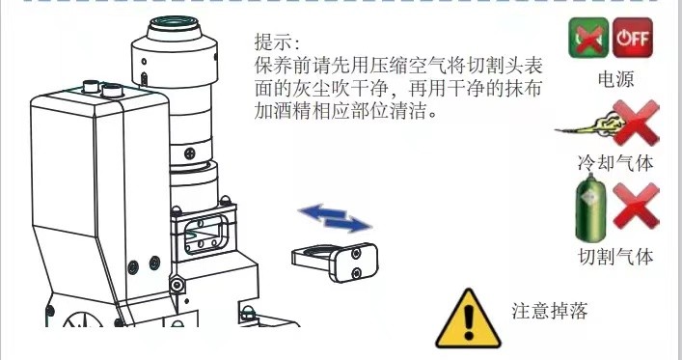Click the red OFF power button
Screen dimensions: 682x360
click(x=633, y=38)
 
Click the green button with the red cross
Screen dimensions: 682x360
click(x=588, y=38)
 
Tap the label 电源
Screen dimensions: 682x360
click(x=615, y=80)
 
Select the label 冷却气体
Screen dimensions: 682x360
click(x=615, y=163)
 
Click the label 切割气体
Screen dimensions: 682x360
click(x=615, y=257)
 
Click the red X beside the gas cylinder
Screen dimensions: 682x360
click(x=636, y=206)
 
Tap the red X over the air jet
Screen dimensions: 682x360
click(x=636, y=123)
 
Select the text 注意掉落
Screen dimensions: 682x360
click(x=549, y=311)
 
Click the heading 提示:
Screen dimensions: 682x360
click(x=277, y=42)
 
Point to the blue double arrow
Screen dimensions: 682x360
click(x=335, y=218)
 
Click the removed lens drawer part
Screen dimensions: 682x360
click(x=335, y=262)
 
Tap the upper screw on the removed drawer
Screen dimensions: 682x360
click(x=356, y=254)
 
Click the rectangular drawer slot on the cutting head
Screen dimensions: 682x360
click(x=205, y=234)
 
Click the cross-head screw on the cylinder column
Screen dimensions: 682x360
click(x=190, y=153)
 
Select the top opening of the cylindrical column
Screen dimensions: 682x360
click(x=174, y=22)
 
